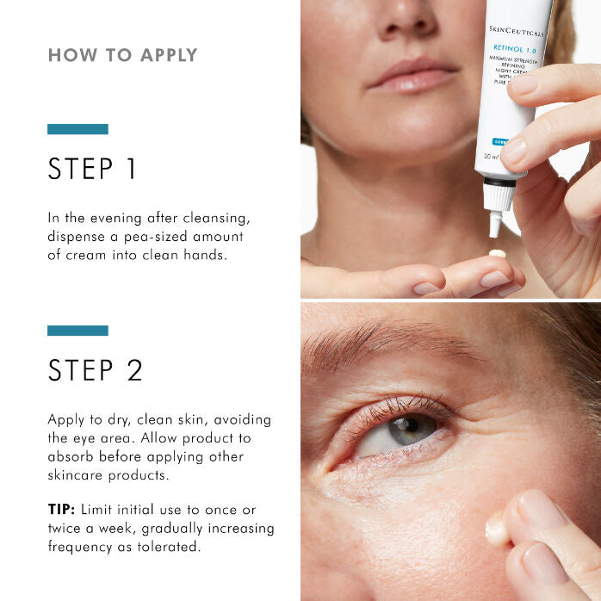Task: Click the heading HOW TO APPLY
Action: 122,56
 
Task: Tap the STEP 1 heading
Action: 92,169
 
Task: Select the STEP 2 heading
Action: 95,370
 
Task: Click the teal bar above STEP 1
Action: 77,129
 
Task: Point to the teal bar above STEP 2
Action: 77,331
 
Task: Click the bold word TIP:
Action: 63,510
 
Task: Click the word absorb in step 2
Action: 70,457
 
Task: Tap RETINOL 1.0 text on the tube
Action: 513,48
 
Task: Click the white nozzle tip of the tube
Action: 495,226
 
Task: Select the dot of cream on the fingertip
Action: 497,253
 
